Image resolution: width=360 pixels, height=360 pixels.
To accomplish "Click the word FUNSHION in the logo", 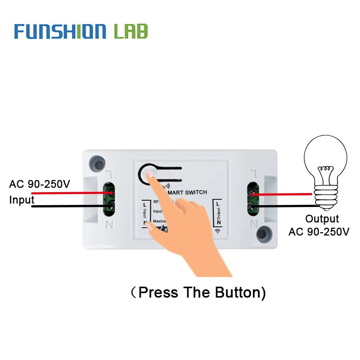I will point(60,31).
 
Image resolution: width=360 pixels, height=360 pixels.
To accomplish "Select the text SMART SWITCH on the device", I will point(186,192).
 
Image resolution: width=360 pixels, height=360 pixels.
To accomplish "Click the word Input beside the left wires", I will point(22,200).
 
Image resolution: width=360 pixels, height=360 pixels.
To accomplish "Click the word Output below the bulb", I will point(322,219).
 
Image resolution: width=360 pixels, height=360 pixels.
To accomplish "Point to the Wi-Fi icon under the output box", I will point(218,231).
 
